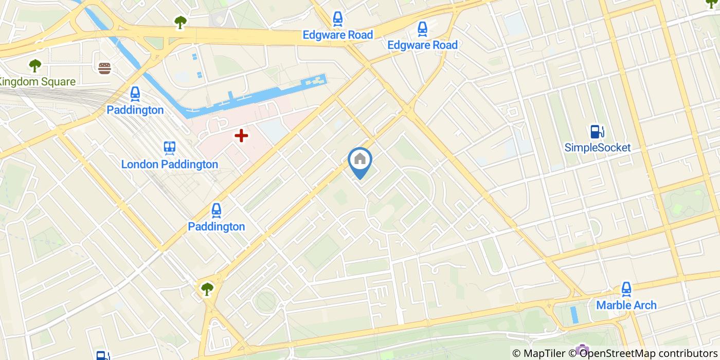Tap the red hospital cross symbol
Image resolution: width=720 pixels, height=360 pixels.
(241, 136)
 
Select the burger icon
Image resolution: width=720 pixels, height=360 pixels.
(104, 68)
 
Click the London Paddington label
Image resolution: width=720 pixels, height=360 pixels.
(170, 165)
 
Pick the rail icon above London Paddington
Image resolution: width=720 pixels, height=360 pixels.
(170, 148)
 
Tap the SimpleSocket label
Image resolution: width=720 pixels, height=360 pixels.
(597, 148)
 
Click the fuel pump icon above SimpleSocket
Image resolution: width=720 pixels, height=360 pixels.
(597, 132)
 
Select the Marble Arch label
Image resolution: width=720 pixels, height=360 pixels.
(626, 305)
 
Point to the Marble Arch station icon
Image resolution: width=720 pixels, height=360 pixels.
(626, 289)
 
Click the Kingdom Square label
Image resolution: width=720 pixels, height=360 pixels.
(37, 82)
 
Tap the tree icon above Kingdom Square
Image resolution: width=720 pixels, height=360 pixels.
(35, 65)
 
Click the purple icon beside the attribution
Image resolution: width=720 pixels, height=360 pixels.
(582, 351)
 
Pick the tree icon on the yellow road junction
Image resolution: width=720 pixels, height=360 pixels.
(207, 289)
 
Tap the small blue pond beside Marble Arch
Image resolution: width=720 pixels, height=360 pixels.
(574, 314)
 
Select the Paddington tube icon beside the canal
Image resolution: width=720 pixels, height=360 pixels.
(135, 94)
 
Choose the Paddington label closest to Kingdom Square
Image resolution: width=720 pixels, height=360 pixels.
(135, 110)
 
